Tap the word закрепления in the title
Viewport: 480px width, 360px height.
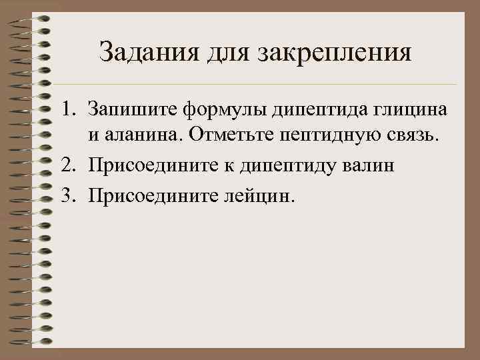(x=334, y=53)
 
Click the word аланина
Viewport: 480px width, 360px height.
(x=142, y=137)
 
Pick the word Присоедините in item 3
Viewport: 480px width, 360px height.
(x=151, y=195)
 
